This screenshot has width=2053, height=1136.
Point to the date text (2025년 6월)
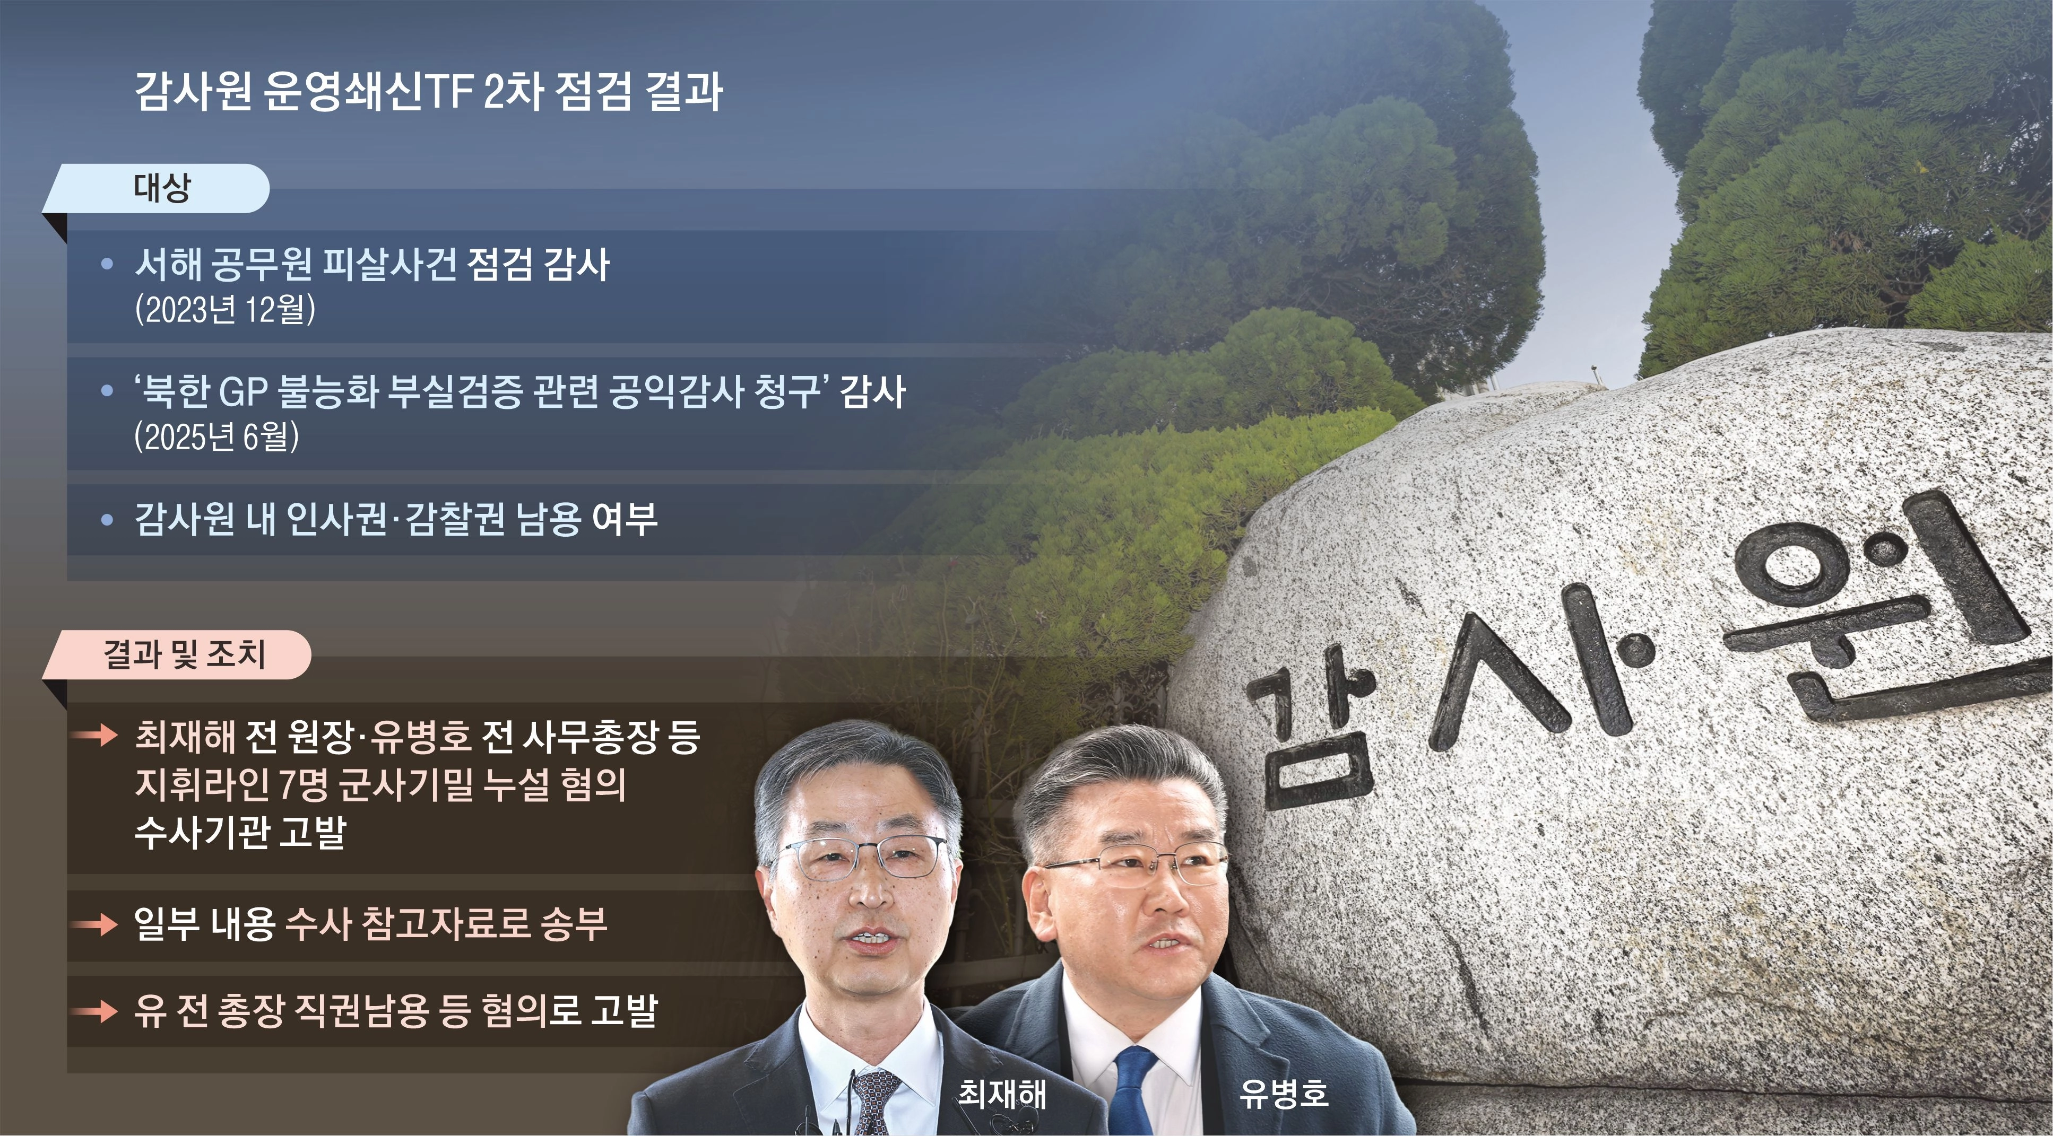click(217, 436)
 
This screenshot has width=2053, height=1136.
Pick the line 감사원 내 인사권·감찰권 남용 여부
click(396, 519)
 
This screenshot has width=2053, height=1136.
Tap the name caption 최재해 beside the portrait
click(1002, 1094)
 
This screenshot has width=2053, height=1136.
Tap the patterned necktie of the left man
click(873, 1103)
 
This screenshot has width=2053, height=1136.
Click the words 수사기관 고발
click(240, 833)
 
